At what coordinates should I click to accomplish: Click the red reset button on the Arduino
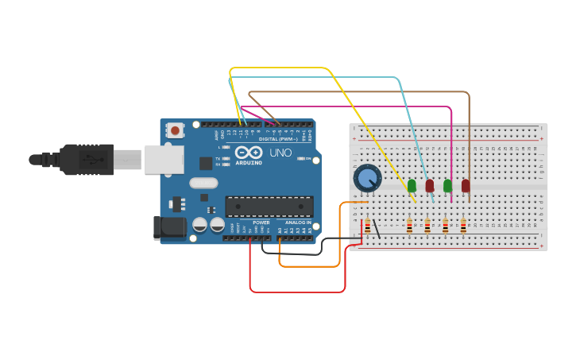coord(174,130)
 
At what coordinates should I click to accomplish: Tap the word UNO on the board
coord(280,153)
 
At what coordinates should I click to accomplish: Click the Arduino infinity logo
coord(248,153)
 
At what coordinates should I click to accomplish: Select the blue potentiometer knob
coord(367,178)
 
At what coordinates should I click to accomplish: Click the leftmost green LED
coord(412,186)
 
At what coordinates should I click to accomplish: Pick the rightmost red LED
coord(466,186)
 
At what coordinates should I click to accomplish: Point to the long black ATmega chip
coord(269,207)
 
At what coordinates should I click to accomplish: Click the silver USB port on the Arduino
coord(163,160)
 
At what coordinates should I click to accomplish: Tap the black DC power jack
coord(169,228)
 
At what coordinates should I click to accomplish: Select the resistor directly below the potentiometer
coord(367,226)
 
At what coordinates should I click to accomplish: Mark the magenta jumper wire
coord(358,106)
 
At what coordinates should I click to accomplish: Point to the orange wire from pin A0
coord(310,266)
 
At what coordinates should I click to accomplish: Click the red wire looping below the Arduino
coord(298,292)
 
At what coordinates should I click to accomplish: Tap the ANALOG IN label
coord(299,223)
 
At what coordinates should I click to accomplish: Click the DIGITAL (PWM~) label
coord(278,139)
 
